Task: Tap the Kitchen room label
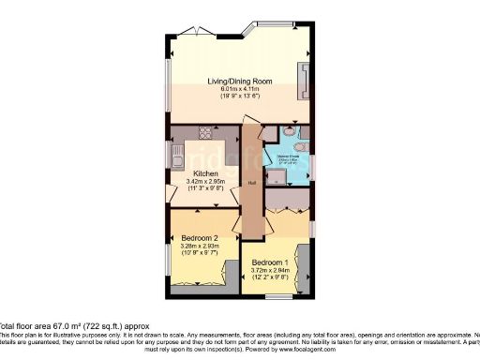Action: (x=206, y=173)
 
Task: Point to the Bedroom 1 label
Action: (x=269, y=262)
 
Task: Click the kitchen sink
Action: (x=174, y=150)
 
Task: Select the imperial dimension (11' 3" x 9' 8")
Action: (x=206, y=188)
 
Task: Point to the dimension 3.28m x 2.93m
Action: (x=200, y=247)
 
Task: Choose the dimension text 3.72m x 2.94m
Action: (x=269, y=270)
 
